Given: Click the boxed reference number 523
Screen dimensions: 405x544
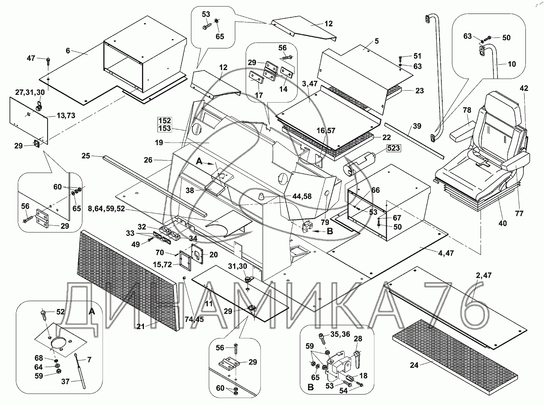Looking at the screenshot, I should (393, 149).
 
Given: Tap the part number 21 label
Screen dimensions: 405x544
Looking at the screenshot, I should (140, 327).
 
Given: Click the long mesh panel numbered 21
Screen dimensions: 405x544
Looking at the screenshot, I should (128, 279).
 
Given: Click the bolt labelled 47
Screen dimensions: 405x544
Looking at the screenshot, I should (48, 60).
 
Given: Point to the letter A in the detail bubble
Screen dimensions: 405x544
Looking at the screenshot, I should (91, 312).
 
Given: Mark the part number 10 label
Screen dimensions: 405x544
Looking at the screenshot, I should (512, 64).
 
